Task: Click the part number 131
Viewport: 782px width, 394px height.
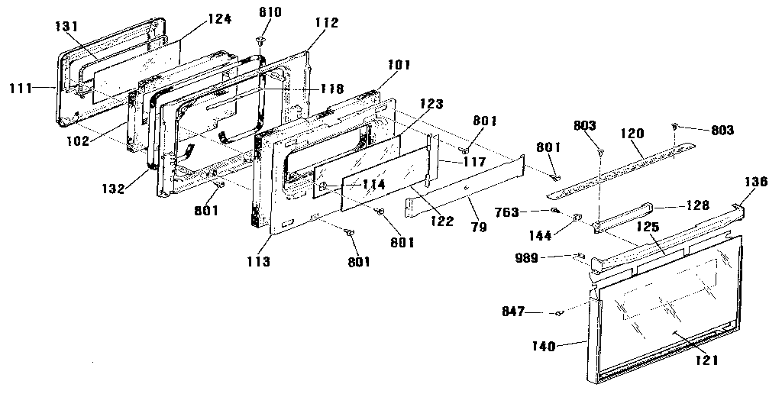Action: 66,25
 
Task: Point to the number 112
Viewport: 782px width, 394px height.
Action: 326,23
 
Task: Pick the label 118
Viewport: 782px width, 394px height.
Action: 331,89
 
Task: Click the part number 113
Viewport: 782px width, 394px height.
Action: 258,261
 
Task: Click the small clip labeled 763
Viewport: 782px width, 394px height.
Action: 554,211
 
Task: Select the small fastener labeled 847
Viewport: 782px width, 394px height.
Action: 559,312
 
